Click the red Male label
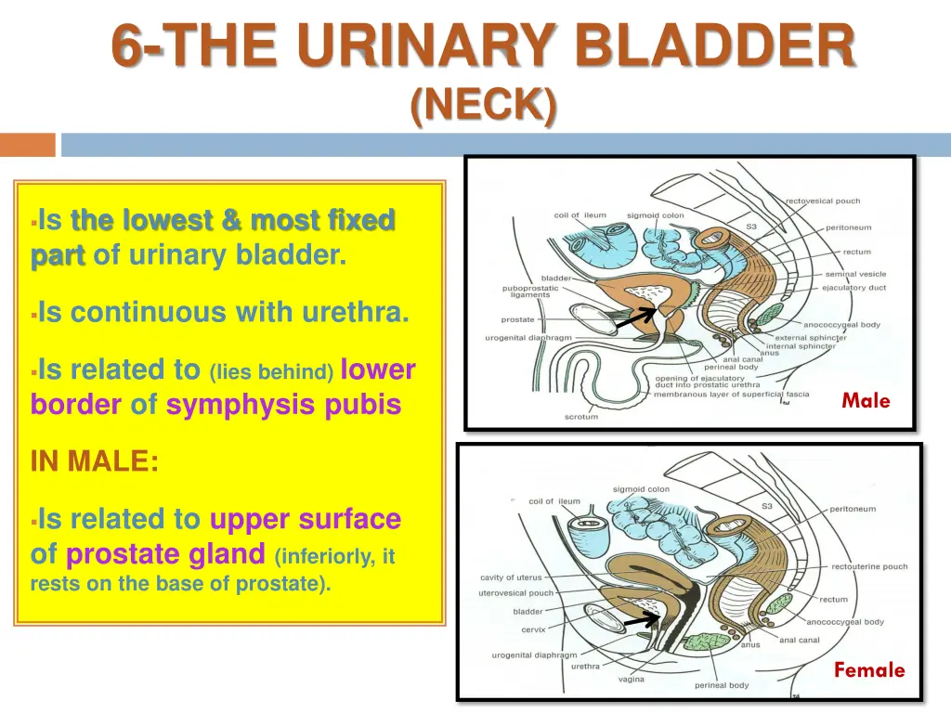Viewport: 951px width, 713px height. click(866, 401)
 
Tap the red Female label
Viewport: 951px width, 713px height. click(868, 669)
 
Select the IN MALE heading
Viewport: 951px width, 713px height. click(95, 461)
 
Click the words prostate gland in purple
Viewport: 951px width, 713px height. click(166, 554)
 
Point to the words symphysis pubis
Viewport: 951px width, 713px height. click(283, 405)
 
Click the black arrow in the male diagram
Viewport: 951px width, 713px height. click(636, 318)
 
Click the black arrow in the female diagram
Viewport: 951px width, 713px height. click(642, 619)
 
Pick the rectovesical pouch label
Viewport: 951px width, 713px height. click(823, 201)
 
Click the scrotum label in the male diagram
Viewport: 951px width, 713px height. click(581, 417)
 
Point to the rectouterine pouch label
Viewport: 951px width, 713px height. click(869, 566)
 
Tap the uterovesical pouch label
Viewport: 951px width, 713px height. click(515, 593)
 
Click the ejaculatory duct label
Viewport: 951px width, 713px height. click(853, 288)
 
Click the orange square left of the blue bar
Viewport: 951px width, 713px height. click(27, 145)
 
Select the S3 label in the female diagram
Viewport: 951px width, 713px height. click(767, 506)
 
